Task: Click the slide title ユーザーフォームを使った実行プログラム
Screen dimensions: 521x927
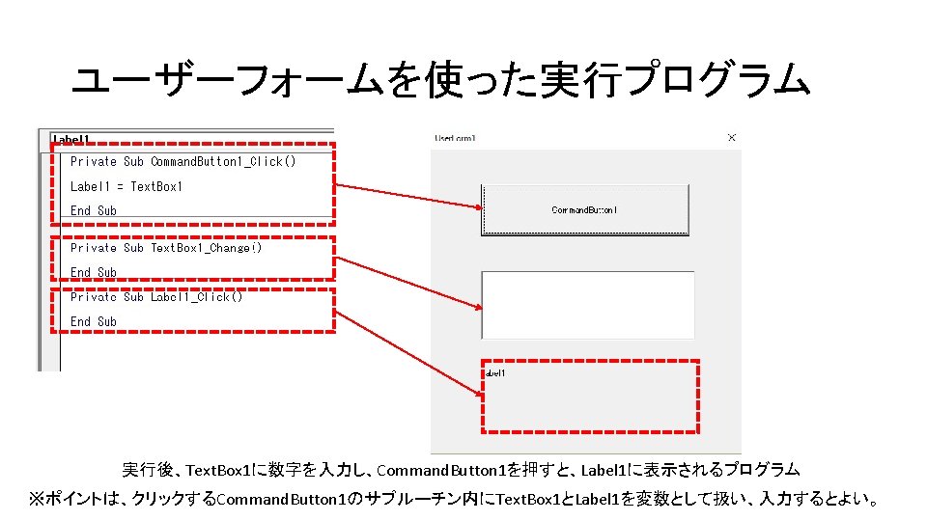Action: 440,82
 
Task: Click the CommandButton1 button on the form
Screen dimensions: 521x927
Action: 585,209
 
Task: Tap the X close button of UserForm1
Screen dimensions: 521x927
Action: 731,138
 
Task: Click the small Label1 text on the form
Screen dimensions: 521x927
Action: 493,372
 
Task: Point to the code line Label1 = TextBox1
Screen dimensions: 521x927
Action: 126,186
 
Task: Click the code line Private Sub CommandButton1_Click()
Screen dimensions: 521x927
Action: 183,161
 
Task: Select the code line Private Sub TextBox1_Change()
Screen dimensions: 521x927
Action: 166,248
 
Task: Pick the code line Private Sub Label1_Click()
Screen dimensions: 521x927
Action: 156,296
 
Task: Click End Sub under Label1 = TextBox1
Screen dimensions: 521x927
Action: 93,210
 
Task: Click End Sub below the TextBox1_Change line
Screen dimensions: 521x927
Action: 93,272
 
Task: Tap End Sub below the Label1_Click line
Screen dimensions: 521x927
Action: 93,321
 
